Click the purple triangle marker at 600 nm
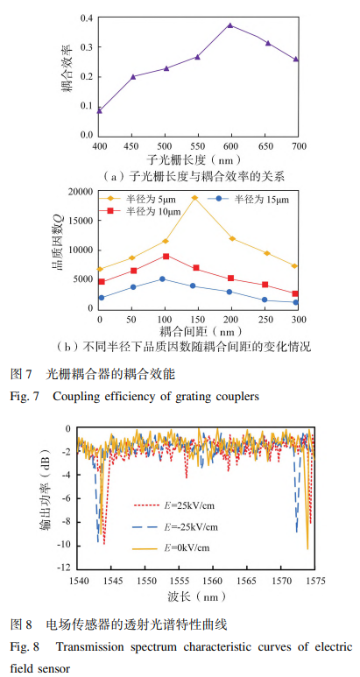[230, 25]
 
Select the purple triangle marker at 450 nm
[133, 76]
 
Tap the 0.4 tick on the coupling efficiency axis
[87, 18]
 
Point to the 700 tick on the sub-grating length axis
[298, 144]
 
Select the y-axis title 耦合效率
[68, 75]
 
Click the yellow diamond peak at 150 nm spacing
[194, 198]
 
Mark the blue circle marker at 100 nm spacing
[162, 279]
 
